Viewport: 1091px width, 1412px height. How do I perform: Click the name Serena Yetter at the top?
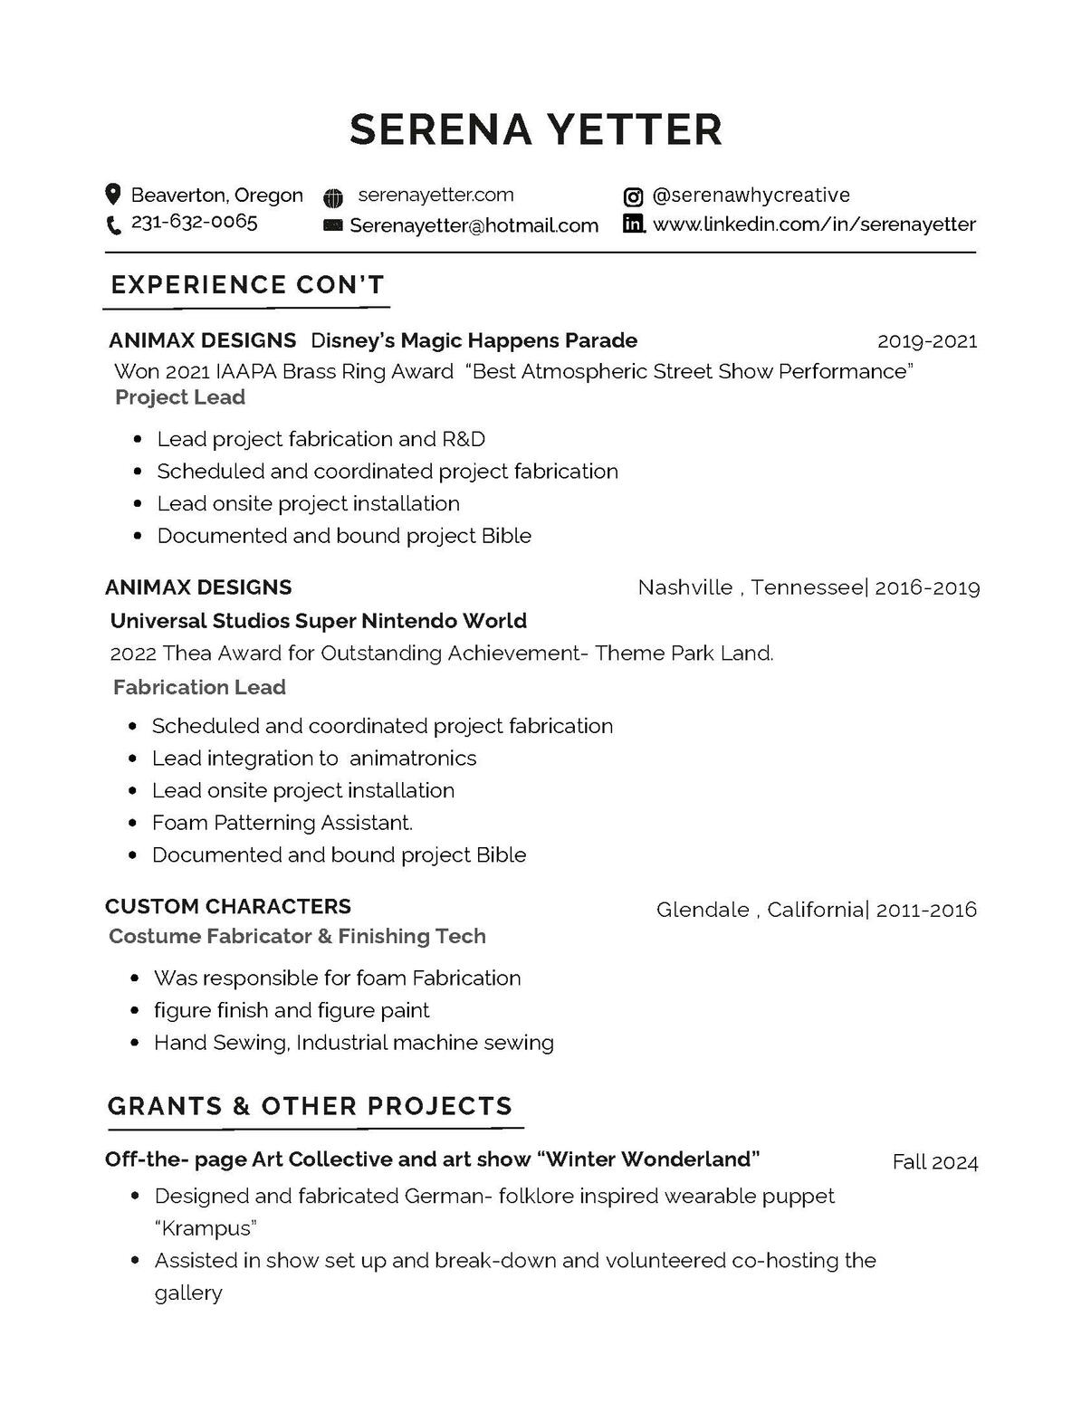pyautogui.click(x=536, y=129)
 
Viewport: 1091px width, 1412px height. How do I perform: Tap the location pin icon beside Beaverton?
pyautogui.click(x=113, y=194)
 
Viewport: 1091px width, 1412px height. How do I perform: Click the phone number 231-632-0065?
pyautogui.click(x=194, y=222)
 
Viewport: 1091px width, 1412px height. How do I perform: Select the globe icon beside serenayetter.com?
pyautogui.click(x=333, y=196)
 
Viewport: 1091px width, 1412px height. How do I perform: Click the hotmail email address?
pyautogui.click(x=474, y=225)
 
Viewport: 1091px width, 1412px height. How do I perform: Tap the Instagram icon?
pyautogui.click(x=633, y=196)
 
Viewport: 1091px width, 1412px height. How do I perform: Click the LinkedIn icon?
pyautogui.click(x=634, y=224)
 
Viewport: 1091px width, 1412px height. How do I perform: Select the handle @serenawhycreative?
pyautogui.click(x=751, y=196)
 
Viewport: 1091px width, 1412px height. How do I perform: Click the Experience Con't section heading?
pyautogui.click(x=247, y=284)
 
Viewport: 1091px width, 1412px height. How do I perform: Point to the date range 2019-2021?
pyautogui.click(x=927, y=341)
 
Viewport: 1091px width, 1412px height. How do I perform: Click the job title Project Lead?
pyautogui.click(x=180, y=397)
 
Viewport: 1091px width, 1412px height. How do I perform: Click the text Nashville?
pyautogui.click(x=684, y=587)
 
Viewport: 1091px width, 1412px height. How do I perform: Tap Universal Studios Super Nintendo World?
pyautogui.click(x=318, y=621)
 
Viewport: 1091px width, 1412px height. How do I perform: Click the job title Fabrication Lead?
pyautogui.click(x=199, y=688)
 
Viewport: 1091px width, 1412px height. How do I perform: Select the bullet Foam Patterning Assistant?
pyautogui.click(x=282, y=823)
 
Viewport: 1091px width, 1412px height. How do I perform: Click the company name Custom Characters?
pyautogui.click(x=228, y=907)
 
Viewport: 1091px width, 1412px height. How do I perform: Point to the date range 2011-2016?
pyautogui.click(x=926, y=910)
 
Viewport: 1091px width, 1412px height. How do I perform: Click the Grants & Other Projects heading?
pyautogui.click(x=310, y=1106)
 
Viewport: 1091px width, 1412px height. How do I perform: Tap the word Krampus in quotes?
pyautogui.click(x=206, y=1228)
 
